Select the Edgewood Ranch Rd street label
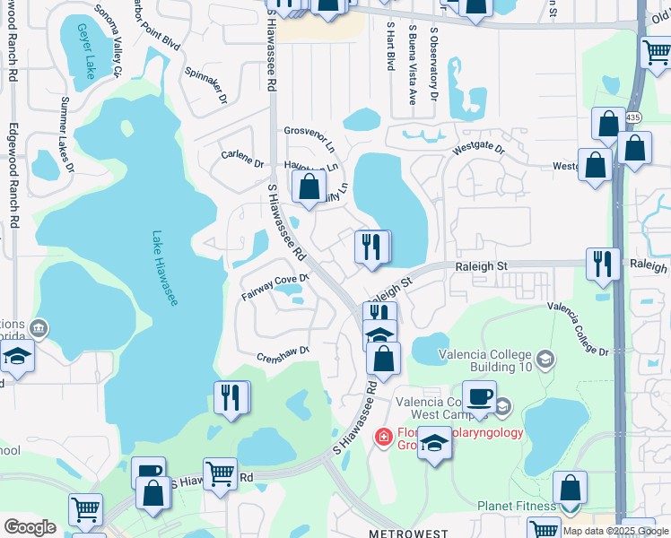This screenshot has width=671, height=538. tap(13, 175)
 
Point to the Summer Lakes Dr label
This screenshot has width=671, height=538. tap(66, 134)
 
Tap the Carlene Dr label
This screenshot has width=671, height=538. tap(242, 164)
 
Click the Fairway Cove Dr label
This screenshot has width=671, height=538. tap(274, 287)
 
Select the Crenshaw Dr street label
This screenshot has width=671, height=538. tap(283, 353)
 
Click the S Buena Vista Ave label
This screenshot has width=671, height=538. tap(412, 65)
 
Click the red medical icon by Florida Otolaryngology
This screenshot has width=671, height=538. tap(384, 438)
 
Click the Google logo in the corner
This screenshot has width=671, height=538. tap(30, 527)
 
